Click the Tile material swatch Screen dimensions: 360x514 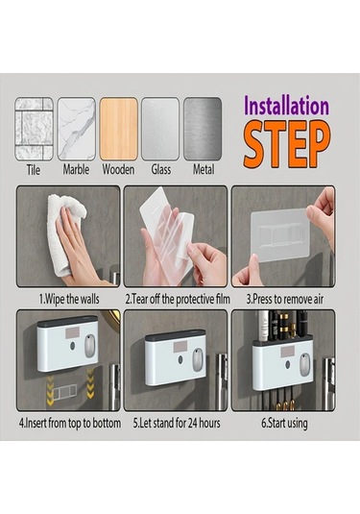(34, 129)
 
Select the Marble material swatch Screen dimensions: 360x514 (77, 129)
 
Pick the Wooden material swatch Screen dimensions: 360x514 (118, 129)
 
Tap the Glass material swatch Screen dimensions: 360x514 (160, 129)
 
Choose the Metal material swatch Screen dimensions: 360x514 (203, 129)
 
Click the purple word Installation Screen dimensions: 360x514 (287, 106)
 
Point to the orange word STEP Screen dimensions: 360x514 (287, 144)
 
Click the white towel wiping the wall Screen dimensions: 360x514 (64, 232)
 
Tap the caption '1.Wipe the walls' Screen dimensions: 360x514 (69, 299)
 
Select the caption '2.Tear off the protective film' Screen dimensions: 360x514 (178, 299)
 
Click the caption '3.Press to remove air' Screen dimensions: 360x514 (285, 299)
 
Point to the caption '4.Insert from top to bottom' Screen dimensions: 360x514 (70, 423)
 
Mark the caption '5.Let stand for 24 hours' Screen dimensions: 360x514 (177, 423)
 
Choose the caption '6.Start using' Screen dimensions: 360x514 (284, 423)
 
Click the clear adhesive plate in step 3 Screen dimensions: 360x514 (280, 233)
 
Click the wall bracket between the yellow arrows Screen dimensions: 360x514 (65, 392)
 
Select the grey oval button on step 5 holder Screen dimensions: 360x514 (197, 360)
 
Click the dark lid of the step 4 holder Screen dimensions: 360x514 (67, 320)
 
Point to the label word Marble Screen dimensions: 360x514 (76, 169)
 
